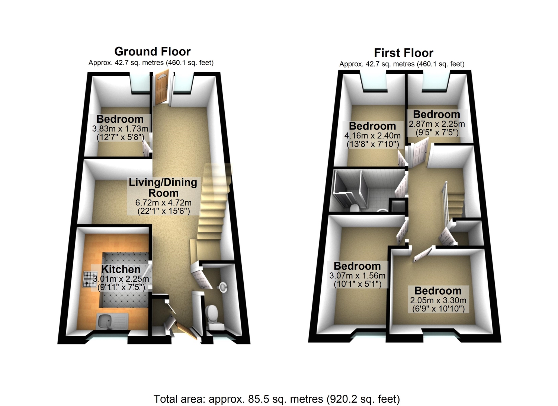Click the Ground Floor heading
pyautogui.click(x=153, y=52)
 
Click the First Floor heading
pyautogui.click(x=404, y=53)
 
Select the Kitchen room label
pyautogui.click(x=121, y=269)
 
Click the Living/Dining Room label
pyautogui.click(x=163, y=188)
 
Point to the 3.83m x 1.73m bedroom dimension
pyautogui.click(x=120, y=129)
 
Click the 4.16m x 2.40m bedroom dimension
pyautogui.click(x=372, y=135)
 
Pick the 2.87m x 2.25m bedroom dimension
pyautogui.click(x=437, y=124)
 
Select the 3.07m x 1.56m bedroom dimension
pyautogui.click(x=357, y=276)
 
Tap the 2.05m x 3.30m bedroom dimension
pyautogui.click(x=438, y=300)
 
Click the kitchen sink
pyautogui.click(x=112, y=321)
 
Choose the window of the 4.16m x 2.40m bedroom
pyautogui.click(x=373, y=82)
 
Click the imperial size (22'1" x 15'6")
pyautogui.click(x=164, y=211)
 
